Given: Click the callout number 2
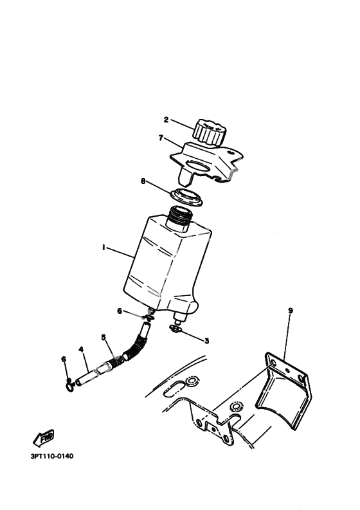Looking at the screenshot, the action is tap(166, 120).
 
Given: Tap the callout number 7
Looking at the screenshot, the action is tap(161, 138).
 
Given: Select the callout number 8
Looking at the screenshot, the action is tap(143, 181).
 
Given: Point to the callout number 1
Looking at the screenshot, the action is tap(104, 248).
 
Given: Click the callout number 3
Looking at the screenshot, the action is tap(207, 341).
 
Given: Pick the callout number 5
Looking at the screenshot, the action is tap(104, 337).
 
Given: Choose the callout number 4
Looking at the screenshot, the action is tap(81, 350).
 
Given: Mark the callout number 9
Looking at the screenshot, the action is tap(291, 311).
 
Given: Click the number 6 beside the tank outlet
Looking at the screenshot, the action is tap(120, 311).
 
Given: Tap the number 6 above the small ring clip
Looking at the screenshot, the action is tap(64, 359).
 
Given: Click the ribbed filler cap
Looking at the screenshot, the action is tap(208, 132).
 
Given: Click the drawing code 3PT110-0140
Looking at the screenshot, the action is tap(52, 456).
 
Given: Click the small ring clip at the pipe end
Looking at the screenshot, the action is tap(69, 387).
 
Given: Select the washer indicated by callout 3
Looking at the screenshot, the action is tap(174, 329).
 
